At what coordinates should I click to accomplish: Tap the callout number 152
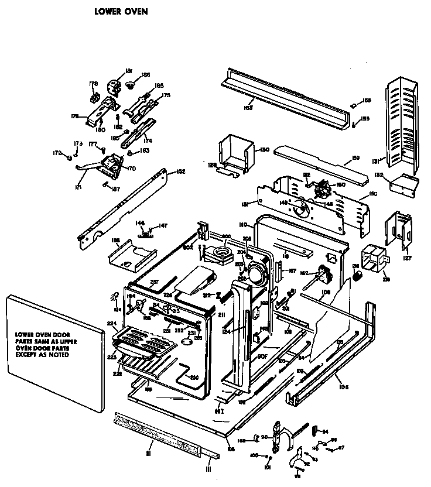point(181,172)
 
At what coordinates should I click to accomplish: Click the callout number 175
point(166,95)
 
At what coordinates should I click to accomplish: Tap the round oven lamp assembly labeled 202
point(255,272)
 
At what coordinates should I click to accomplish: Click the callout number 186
point(146,75)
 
